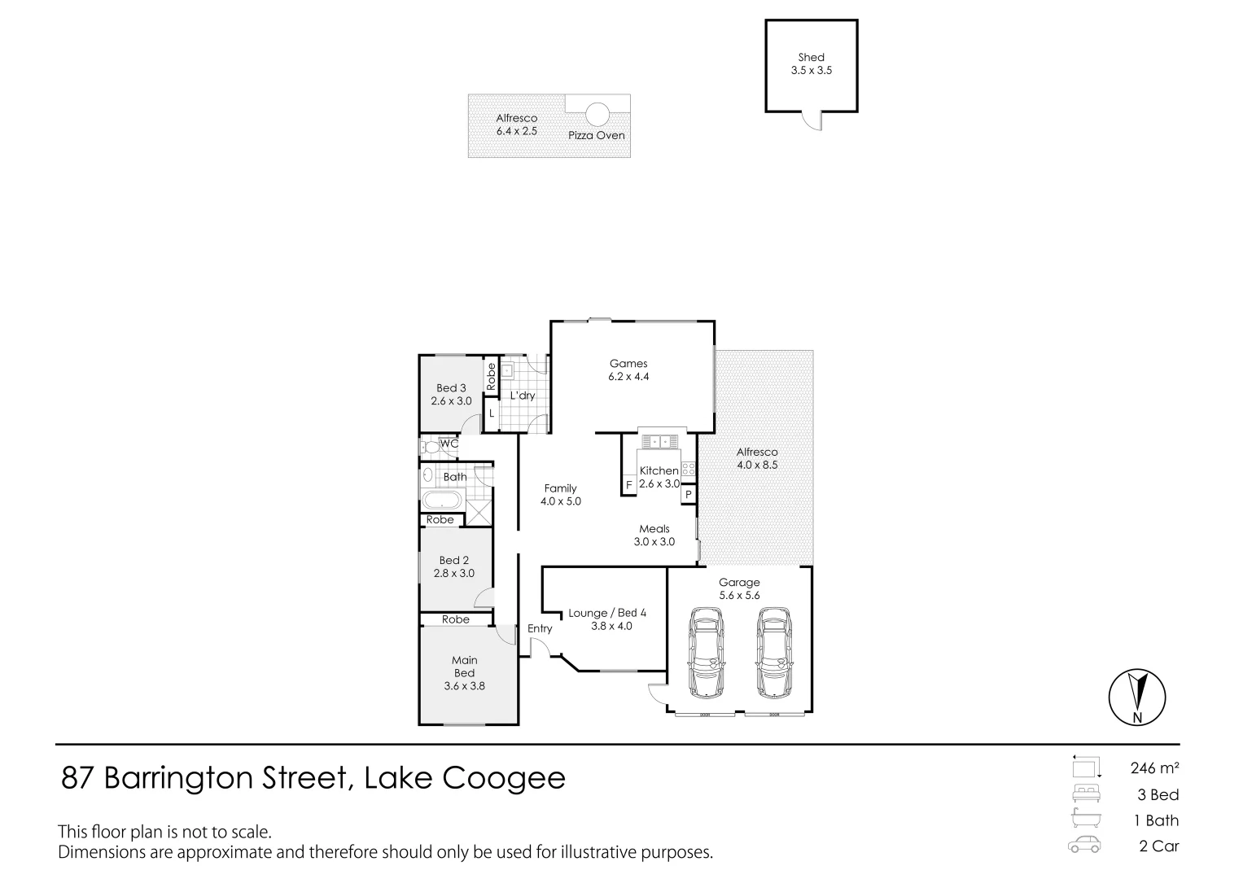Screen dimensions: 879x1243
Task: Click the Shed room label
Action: tap(811, 57)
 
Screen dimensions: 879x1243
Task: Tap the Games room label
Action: tap(628, 364)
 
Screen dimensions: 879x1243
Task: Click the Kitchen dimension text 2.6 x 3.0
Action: tap(659, 483)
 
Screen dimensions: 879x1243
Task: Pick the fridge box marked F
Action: tap(628, 485)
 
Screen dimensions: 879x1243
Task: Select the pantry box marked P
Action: tap(689, 494)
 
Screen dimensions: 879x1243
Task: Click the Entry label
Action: tap(540, 628)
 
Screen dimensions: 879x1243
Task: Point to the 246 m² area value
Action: tap(1154, 767)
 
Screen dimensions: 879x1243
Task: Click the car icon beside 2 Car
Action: tap(1085, 846)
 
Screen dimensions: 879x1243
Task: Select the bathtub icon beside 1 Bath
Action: tap(1085, 820)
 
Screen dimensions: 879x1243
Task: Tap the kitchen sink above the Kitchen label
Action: tap(659, 442)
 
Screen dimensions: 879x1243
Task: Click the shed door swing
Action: tap(811, 121)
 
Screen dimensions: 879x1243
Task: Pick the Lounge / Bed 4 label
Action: tap(607, 613)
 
